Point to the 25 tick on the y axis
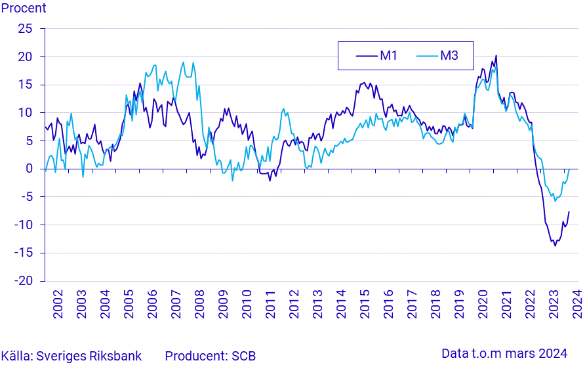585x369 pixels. pyautogui.click(x=25, y=29)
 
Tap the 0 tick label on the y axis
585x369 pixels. pyautogui.click(x=29, y=169)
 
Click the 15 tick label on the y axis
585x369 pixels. pyautogui.click(x=25, y=85)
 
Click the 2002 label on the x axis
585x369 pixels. pyautogui.click(x=58, y=306)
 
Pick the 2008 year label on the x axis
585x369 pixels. pyautogui.click(x=199, y=306)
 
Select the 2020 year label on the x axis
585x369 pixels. pyautogui.click(x=482, y=306)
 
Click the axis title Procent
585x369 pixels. pyautogui.click(x=24, y=9)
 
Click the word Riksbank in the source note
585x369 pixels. pyautogui.click(x=119, y=356)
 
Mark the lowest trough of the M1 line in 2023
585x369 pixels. pyautogui.click(x=555, y=246)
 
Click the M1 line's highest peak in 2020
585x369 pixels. pyautogui.click(x=496, y=55)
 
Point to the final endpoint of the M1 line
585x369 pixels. pyautogui.click(x=569, y=211)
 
